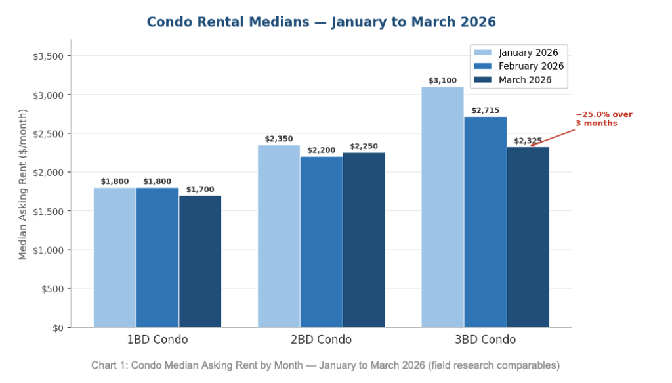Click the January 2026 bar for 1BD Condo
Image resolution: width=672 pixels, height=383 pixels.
(x=115, y=258)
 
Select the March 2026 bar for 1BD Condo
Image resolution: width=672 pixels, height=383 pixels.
(x=200, y=261)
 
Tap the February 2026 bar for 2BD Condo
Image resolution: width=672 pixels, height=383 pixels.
(x=322, y=242)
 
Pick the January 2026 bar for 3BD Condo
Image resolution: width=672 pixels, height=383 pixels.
(x=442, y=207)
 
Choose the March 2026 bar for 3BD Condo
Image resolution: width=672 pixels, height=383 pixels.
(x=528, y=237)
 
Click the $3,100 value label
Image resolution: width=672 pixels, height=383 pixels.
(x=442, y=81)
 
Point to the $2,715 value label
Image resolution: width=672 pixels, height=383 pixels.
(x=485, y=110)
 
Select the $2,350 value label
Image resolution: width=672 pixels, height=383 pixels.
(x=279, y=139)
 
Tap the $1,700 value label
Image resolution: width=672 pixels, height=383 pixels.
(x=200, y=189)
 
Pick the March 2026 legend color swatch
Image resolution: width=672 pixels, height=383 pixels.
(x=482, y=80)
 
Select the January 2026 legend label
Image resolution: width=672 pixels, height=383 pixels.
(x=528, y=53)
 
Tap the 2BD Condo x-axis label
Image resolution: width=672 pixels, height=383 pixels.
(x=322, y=340)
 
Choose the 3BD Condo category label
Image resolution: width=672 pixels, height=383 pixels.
(x=485, y=340)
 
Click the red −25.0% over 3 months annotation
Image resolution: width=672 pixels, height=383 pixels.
(x=603, y=119)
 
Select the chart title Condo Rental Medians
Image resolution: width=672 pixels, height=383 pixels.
(x=321, y=22)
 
